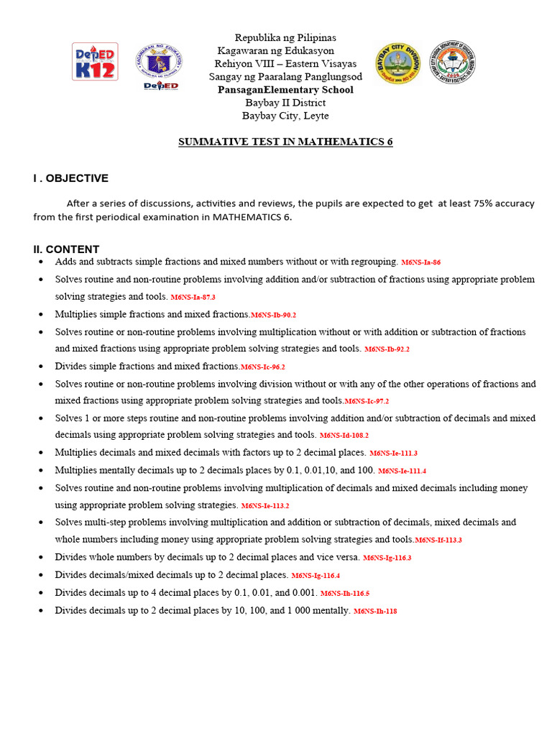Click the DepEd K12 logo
95,61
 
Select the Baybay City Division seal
397,63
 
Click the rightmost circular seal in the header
452,63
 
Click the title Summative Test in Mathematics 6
285,142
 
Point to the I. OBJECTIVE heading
70,178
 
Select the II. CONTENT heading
66,249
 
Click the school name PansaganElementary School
285,90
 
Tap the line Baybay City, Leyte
285,116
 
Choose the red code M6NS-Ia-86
420,263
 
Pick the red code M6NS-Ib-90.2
273,315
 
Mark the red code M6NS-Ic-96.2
262,367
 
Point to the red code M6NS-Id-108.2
344,436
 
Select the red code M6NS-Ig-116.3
387,558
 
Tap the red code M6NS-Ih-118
374,612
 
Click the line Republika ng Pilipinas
285,37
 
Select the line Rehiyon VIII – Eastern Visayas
285,63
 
